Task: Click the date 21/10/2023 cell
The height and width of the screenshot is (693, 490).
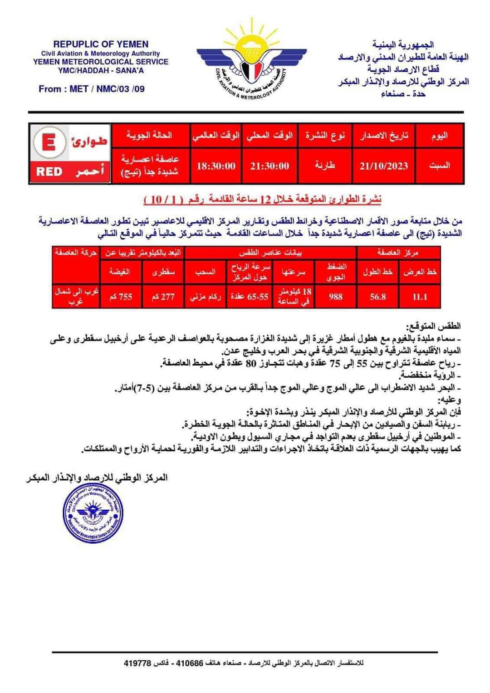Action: point(383,166)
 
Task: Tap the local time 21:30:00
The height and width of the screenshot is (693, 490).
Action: point(269,166)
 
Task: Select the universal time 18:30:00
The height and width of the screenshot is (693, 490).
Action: point(216,166)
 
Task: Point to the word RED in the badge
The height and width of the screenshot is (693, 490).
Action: point(49,171)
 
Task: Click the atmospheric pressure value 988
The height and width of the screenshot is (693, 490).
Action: point(335,297)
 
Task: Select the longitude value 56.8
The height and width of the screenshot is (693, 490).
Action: point(377,297)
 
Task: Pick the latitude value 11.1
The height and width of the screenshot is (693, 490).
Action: point(420,297)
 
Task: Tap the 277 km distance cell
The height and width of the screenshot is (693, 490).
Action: point(163,297)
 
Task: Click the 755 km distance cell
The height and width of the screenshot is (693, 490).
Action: point(120,297)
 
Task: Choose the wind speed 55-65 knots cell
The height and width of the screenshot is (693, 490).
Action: point(249,297)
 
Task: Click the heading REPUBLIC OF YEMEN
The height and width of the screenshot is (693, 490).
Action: point(101,44)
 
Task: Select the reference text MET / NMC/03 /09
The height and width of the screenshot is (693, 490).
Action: point(107,89)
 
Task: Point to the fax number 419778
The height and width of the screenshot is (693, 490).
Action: point(137,663)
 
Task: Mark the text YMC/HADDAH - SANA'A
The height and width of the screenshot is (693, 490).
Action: point(101,71)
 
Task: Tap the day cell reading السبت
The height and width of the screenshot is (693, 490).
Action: point(439,166)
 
